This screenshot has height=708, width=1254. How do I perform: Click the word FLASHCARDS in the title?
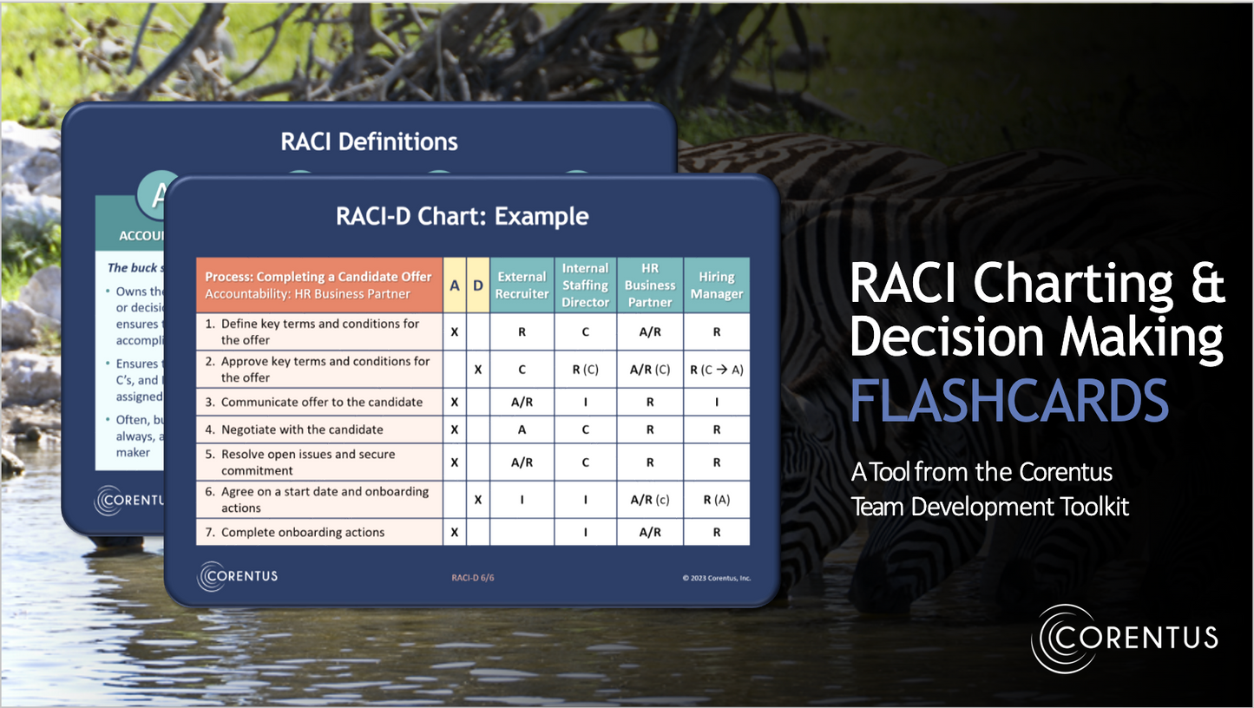pos(1008,400)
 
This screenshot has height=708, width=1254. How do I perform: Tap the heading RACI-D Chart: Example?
pos(462,216)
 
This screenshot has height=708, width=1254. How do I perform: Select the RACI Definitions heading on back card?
pos(369,141)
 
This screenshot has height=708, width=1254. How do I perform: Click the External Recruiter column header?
pos(522,285)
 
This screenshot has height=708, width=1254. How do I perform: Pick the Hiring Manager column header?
pos(716,285)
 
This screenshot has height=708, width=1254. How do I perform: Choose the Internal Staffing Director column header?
pos(585,285)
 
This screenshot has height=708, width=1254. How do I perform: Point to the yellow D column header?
pos(477,285)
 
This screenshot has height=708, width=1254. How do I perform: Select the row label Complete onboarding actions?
pos(302,532)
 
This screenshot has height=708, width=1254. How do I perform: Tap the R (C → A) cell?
pos(716,370)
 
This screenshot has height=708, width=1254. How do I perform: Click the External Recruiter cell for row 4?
pos(522,429)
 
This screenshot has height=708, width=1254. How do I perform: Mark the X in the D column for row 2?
pos(477,370)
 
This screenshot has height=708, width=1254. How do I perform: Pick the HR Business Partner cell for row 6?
pos(650,500)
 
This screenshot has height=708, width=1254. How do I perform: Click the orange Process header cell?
pos(318,285)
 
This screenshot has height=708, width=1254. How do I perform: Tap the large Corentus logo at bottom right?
pos(1125,638)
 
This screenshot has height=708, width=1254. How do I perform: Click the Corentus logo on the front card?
pos(238,576)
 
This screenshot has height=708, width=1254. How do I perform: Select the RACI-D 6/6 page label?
pos(473,578)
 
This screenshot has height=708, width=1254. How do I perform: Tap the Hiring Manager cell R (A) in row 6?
pos(716,500)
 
